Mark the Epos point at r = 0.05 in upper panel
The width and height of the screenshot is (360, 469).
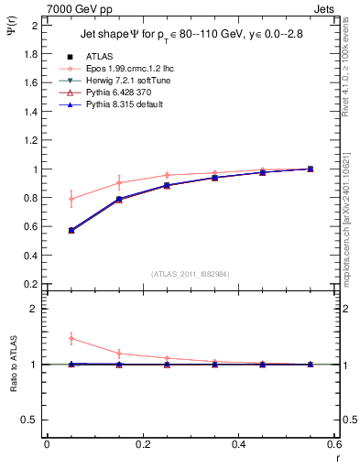71,199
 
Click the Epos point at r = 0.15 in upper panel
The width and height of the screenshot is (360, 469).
119,182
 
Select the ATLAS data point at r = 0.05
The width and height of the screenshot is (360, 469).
71,230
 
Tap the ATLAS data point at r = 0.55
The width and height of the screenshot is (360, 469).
311,169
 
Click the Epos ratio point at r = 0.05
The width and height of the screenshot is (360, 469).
71,338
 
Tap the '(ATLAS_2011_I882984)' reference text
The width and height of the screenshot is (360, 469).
190,274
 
